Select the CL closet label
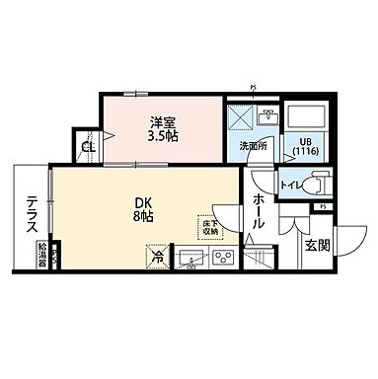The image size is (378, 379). [89, 148]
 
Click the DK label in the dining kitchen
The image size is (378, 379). [143, 205]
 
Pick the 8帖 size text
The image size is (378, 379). [143, 219]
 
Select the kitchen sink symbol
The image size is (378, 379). [191, 260]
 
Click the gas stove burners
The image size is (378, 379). [223, 260]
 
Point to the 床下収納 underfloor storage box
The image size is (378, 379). [211, 226]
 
